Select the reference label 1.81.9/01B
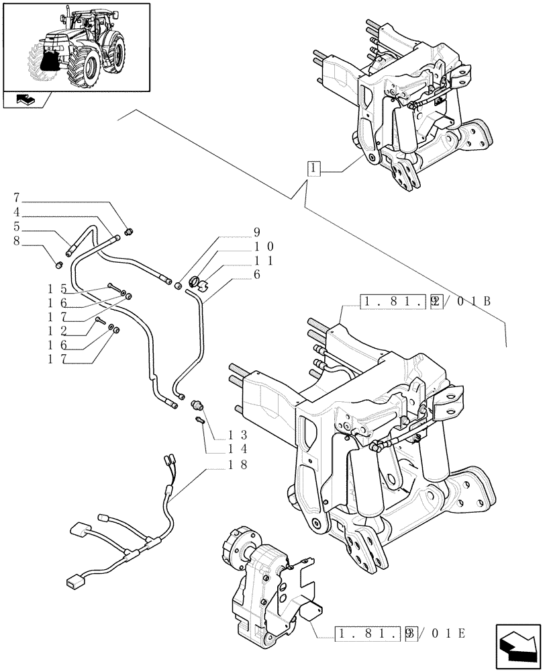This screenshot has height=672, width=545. (x=425, y=301)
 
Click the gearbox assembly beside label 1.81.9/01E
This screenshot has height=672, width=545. (x=262, y=578)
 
